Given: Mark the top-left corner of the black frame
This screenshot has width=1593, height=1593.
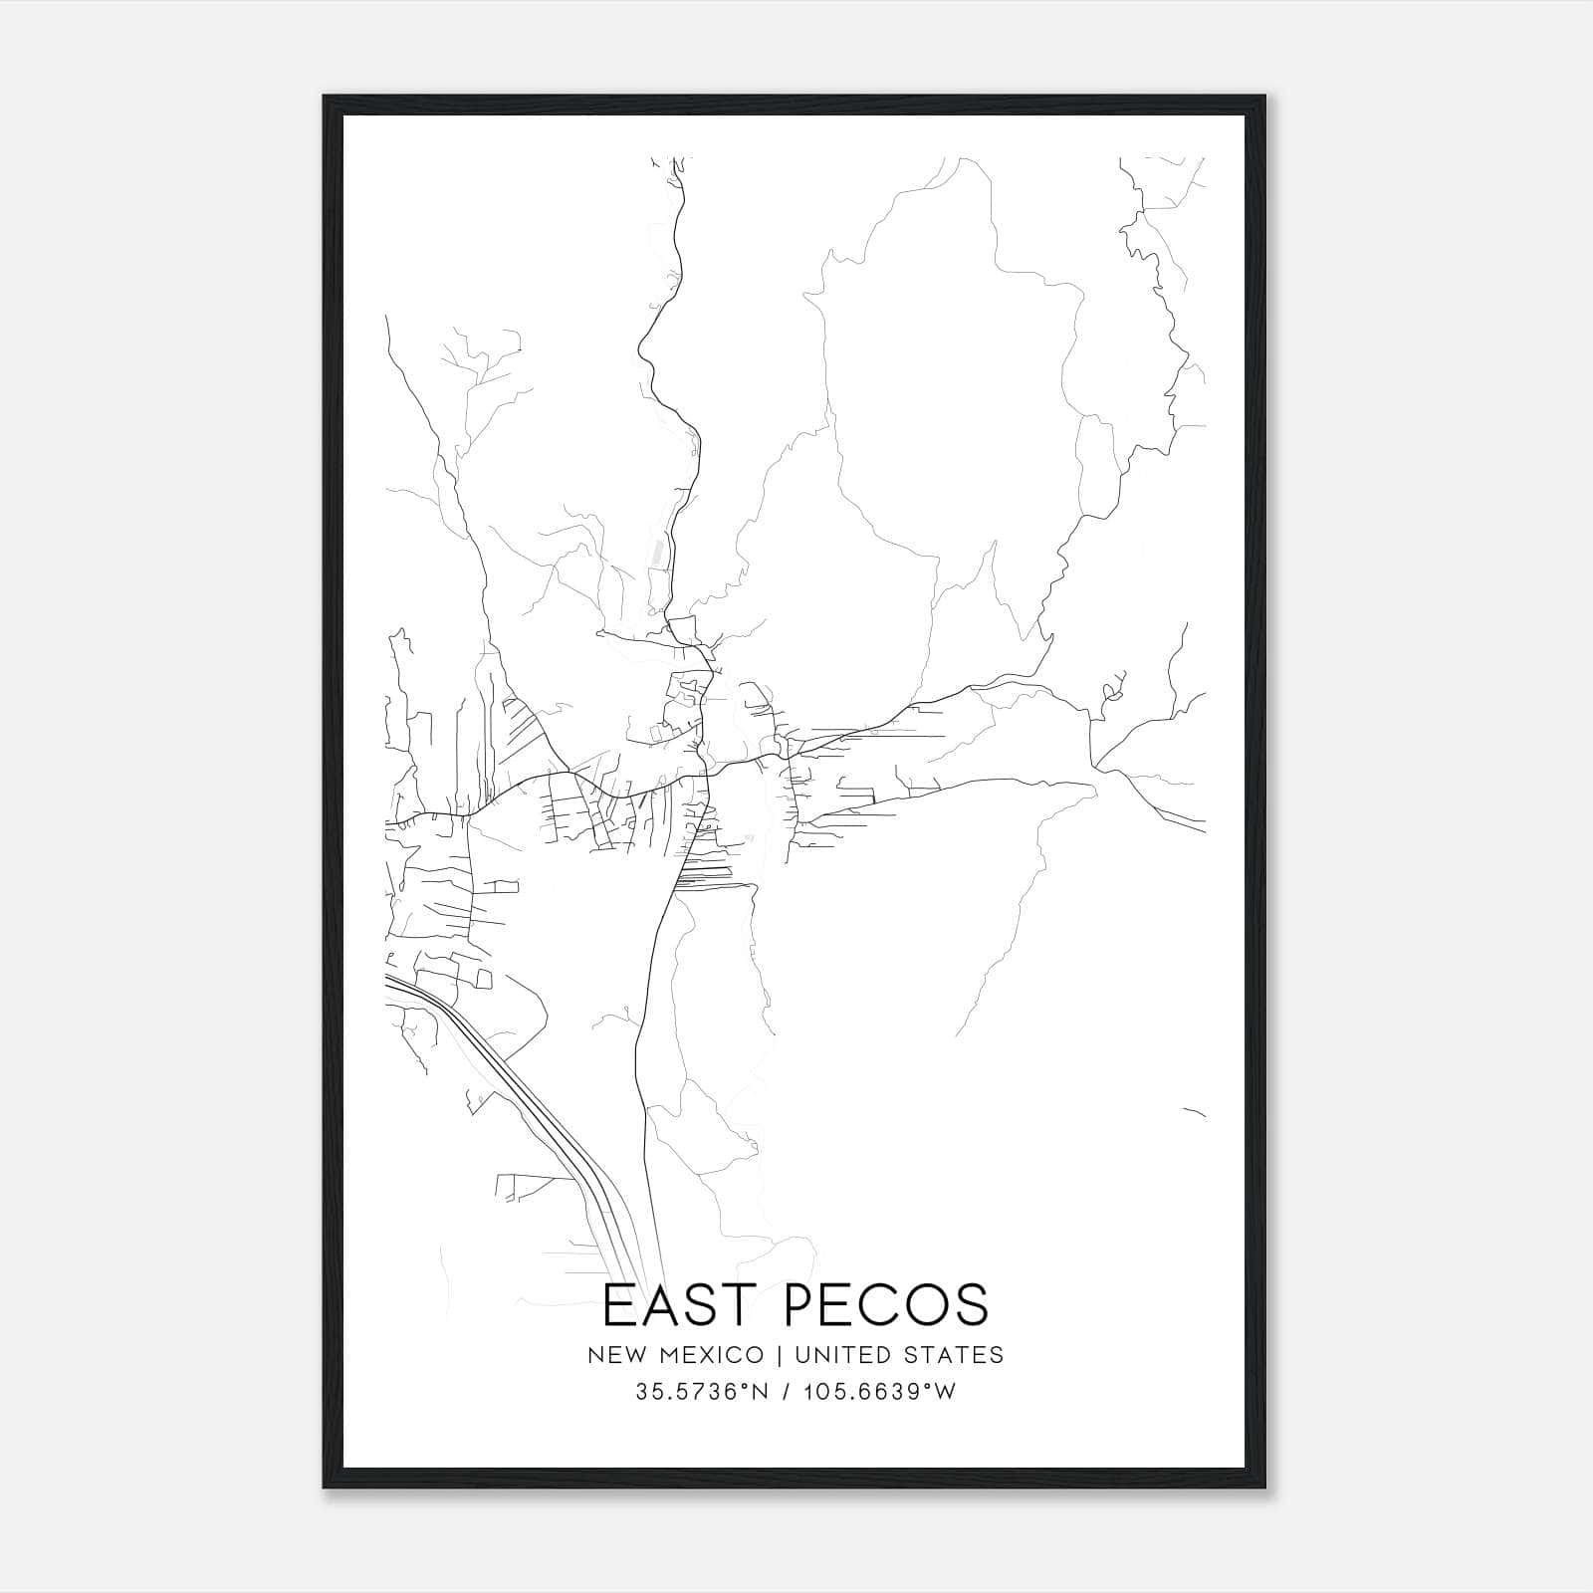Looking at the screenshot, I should tap(325, 97).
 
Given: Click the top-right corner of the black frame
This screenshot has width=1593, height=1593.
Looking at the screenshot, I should tap(1266, 97).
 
